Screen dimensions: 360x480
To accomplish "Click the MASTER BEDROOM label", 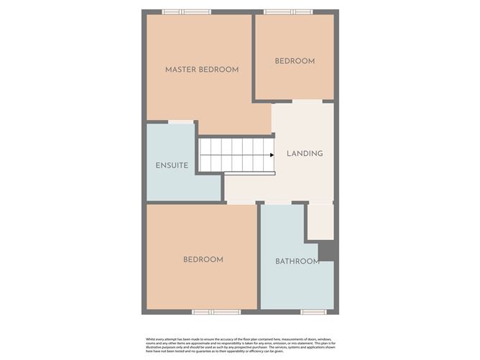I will tap(201, 70).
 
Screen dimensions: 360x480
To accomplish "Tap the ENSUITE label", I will tap(172, 165).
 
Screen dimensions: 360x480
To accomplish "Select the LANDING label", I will tap(305, 154).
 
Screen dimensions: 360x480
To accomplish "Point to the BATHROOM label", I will tap(297, 261).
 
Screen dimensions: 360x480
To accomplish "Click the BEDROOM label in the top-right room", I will tap(295, 61).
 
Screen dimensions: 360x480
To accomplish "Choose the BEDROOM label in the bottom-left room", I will tap(203, 259).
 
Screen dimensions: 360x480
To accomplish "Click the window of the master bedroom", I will tap(186, 11).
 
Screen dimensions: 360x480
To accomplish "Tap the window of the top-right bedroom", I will tap(288, 11).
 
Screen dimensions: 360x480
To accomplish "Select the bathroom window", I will tap(313, 312).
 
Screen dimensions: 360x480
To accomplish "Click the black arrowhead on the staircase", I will tap(272, 154).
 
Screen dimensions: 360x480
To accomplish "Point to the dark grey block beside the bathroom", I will tap(326, 251).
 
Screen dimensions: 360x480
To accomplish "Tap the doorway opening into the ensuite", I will tap(180, 122).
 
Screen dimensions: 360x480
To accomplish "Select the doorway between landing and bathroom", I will tap(277, 203).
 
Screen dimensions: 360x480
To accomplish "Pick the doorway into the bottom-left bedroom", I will tap(240, 203).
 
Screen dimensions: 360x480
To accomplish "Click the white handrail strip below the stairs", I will tap(249, 173).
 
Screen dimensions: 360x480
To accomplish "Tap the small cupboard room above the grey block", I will tap(320, 221).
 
